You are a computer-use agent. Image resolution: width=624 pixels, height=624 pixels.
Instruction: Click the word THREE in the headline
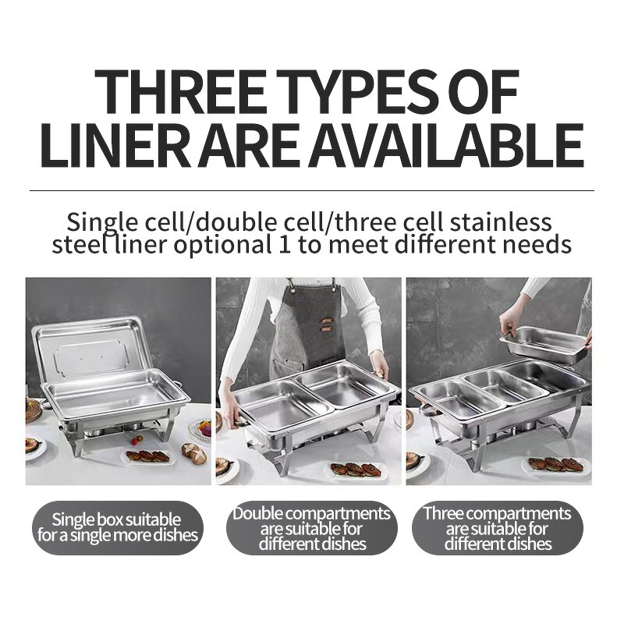180,92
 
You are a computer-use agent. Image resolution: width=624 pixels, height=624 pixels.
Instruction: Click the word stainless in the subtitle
501,222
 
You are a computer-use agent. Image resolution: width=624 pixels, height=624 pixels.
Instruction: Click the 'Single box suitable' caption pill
118,528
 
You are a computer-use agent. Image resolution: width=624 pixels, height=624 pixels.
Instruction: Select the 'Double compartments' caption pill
311,528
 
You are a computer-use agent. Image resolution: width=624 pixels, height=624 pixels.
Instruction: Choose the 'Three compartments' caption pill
498,528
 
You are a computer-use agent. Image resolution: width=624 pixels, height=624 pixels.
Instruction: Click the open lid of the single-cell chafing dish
92,348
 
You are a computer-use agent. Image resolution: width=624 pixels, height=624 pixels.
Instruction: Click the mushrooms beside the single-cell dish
193,453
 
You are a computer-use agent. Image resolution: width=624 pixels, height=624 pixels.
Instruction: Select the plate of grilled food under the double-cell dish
356,470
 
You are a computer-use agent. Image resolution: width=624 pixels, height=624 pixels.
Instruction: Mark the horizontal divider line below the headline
312,190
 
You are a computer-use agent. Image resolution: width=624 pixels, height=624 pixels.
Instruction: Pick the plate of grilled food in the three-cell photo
554,464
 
